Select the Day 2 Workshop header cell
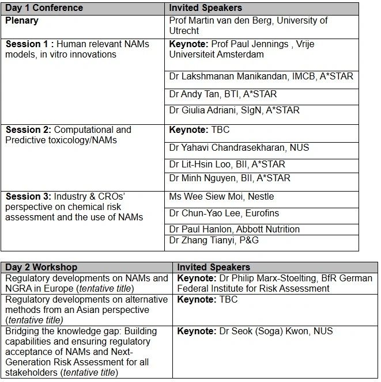pyautogui.click(x=42, y=268)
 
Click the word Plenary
pyautogui.click(x=22, y=21)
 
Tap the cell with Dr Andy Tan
pyautogui.click(x=222, y=94)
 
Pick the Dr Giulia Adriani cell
pyautogui.click(x=234, y=110)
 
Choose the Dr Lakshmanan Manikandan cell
pyautogui.click(x=261, y=77)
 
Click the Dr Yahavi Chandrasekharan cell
pyautogui.click(x=239, y=148)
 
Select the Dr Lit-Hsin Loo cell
pyautogui.click(x=227, y=165)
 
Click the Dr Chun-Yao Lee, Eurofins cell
pyautogui.click(x=224, y=213)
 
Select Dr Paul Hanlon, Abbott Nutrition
pyautogui.click(x=234, y=229)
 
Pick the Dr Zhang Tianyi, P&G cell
pyautogui.click(x=214, y=240)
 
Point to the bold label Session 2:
pyautogui.click(x=28, y=129)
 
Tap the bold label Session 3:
pyautogui.click(x=28, y=197)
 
